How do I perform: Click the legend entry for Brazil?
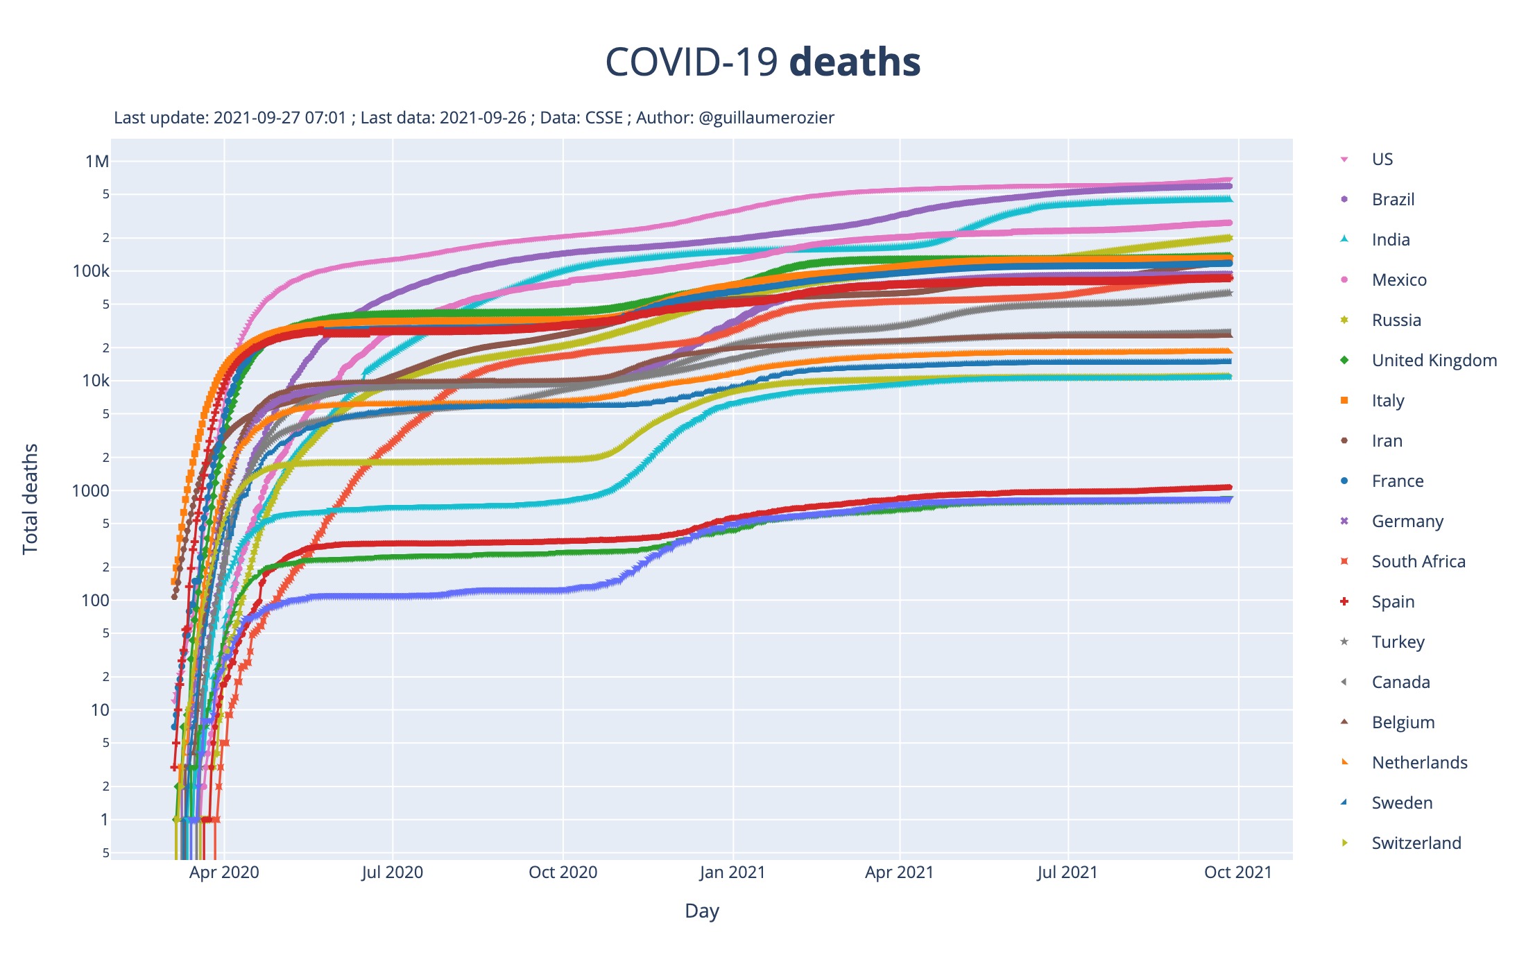(1393, 200)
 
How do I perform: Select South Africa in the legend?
(1418, 562)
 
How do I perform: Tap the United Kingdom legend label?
(1434, 361)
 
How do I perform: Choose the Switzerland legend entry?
(1416, 843)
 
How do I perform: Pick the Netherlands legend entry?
(1419, 763)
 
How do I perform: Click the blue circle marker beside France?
(1344, 481)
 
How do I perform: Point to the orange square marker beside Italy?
(1344, 400)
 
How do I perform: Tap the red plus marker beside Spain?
(1344, 601)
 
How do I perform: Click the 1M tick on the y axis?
(97, 162)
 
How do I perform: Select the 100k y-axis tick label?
(91, 271)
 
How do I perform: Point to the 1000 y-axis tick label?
(90, 491)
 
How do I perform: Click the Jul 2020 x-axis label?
(392, 873)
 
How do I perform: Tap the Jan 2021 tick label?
(732, 873)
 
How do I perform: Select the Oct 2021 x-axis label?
(1237, 873)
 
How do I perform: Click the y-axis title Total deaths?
(30, 499)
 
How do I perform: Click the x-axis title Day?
(701, 911)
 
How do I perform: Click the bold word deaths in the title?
(855, 62)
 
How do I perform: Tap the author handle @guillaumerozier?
(766, 118)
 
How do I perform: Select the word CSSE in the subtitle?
(603, 118)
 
